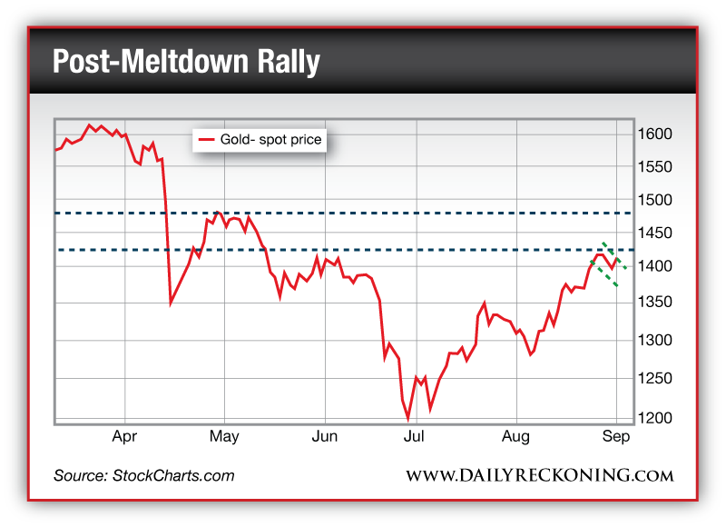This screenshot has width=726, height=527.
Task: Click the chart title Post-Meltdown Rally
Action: click(x=186, y=62)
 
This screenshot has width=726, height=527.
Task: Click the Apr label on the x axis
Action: click(x=124, y=437)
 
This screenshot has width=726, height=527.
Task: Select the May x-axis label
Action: click(x=224, y=437)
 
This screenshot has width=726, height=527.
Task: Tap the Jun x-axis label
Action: click(x=324, y=437)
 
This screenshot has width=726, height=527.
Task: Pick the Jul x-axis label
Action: click(x=415, y=437)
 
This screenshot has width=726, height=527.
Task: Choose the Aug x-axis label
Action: click(x=516, y=437)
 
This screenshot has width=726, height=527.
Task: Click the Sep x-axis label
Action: click(x=616, y=437)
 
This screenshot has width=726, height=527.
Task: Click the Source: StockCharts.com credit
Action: click(x=143, y=475)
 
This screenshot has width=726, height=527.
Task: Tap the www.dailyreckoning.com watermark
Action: click(x=539, y=476)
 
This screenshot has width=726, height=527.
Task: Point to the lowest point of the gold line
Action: click(x=408, y=418)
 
